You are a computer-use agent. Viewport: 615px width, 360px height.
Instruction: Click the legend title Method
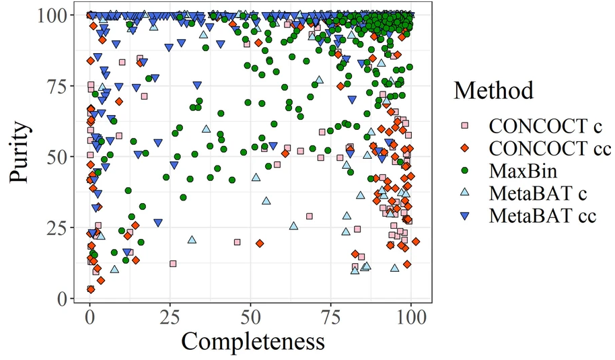click(x=493, y=90)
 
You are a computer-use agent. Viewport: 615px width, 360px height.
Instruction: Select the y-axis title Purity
click(x=21, y=157)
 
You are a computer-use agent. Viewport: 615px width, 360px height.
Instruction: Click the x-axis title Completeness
click(x=252, y=341)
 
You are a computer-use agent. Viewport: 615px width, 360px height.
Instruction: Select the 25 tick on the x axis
click(x=170, y=317)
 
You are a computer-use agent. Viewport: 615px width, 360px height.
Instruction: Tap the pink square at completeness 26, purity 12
click(x=173, y=264)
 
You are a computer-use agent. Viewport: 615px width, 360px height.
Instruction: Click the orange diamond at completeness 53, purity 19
click(x=260, y=244)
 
